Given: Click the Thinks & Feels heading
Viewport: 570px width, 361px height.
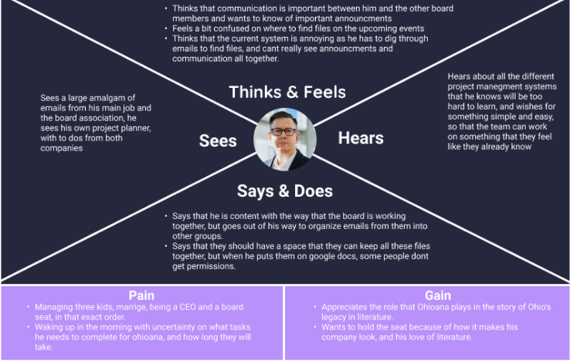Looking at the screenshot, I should point(287,93).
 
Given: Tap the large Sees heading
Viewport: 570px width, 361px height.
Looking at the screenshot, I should point(217,140).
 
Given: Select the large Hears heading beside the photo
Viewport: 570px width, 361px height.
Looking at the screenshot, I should point(361,138).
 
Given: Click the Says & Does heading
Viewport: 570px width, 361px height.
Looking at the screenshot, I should point(284,191).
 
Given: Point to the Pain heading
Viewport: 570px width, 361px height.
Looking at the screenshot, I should point(142,295).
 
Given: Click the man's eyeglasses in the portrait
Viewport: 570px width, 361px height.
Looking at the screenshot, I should point(284,132).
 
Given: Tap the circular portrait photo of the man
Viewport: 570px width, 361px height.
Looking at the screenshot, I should point(284,139).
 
